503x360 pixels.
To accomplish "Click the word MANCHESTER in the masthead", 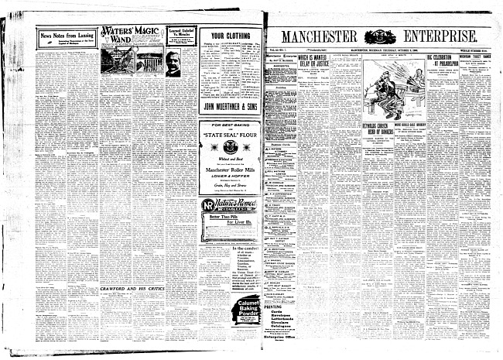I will pyautogui.click(x=318, y=36).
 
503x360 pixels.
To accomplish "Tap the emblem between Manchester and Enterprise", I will pyautogui.click(x=379, y=36).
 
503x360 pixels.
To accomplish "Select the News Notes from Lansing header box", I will pyautogui.click(x=66, y=37).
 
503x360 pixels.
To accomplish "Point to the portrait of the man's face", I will pyautogui.click(x=173, y=62).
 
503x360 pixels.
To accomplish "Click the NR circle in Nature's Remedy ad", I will pyautogui.click(x=208, y=226).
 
